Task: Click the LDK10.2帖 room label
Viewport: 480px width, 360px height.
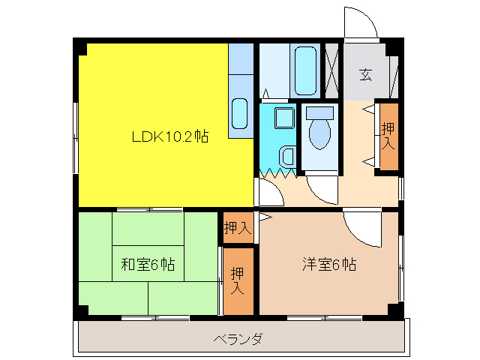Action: coord(169,136)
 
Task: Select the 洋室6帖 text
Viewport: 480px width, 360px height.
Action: coord(328,264)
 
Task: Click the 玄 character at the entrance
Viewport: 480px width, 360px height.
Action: coord(365,74)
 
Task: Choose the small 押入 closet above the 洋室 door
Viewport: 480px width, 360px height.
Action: coord(238,227)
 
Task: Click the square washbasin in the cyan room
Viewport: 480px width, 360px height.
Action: coord(284,118)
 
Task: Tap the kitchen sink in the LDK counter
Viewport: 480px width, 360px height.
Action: coord(240,113)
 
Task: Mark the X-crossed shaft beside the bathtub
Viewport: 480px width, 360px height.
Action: coord(332,70)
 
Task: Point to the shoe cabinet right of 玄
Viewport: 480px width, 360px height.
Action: coord(392,75)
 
